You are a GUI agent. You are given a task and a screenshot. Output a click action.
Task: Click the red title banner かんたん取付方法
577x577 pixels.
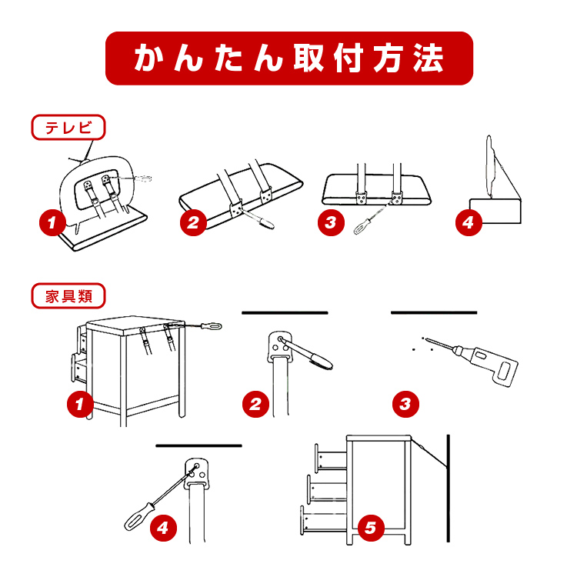click(x=288, y=58)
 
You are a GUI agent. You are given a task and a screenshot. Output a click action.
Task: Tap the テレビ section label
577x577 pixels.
click(x=68, y=127)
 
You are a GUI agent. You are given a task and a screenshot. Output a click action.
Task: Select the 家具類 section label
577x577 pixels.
click(x=68, y=296)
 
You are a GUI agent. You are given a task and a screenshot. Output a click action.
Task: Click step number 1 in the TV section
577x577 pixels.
click(x=52, y=222)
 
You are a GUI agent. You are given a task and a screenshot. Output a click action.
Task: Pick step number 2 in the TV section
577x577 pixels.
click(x=193, y=222)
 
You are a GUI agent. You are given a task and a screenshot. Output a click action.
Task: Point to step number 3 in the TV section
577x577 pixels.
click(x=331, y=222)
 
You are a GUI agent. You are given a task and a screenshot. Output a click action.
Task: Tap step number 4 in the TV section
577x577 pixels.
click(x=469, y=222)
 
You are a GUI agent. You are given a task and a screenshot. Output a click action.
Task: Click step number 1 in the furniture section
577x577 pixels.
click(x=80, y=405)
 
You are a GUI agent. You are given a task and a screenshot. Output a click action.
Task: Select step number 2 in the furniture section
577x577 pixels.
click(x=255, y=405)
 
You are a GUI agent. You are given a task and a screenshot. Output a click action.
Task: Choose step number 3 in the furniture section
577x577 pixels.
click(x=406, y=405)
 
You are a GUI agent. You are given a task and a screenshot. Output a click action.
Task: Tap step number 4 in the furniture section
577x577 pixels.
click(x=163, y=528)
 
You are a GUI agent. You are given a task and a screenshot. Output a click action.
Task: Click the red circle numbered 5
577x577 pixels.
click(x=371, y=528)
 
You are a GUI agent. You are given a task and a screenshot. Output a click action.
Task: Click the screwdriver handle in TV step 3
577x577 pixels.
click(x=362, y=226)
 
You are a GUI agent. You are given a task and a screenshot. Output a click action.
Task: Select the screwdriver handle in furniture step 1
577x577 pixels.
click(x=212, y=326)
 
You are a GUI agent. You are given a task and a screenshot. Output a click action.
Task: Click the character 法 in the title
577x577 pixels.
click(x=428, y=58)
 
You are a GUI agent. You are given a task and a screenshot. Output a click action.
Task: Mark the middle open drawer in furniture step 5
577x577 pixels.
click(x=327, y=488)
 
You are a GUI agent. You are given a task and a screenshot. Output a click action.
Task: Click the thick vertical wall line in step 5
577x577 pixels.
click(x=449, y=489)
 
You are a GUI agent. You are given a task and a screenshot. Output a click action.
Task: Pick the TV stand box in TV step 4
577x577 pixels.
click(x=495, y=211)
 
